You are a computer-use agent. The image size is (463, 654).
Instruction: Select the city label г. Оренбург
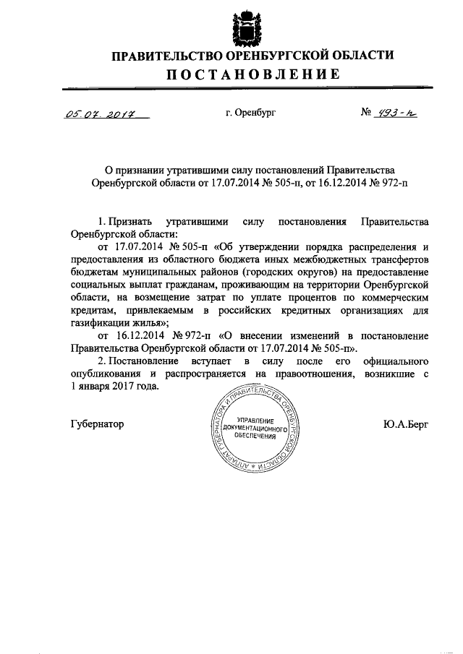pyautogui.click(x=251, y=113)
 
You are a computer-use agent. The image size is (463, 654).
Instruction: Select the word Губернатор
pyautogui.click(x=98, y=423)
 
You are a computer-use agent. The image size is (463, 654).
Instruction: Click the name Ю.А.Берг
pyautogui.click(x=407, y=424)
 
